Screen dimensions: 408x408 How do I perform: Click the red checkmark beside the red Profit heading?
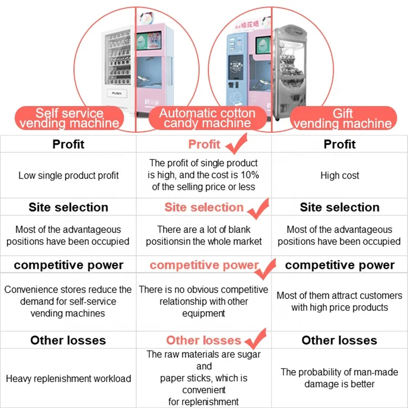coord(234,144)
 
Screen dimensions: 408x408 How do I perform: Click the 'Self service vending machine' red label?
coord(69,118)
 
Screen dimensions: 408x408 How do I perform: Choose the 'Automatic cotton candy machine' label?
coord(207,118)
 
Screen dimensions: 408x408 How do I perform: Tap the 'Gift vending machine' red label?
coord(342,118)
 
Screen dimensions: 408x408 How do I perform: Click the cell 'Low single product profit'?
coord(69,176)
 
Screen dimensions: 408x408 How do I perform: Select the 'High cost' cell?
coord(339,176)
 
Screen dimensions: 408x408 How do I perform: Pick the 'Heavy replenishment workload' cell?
coord(69,379)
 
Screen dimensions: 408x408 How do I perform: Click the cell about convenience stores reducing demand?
coord(69,301)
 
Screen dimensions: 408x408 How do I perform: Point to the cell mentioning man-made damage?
coord(339,378)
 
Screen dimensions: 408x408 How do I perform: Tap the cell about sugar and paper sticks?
coord(203,378)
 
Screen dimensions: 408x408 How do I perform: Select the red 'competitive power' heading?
coord(204,265)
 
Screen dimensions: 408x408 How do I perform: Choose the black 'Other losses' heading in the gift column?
coord(339,341)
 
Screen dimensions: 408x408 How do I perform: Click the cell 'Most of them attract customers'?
coord(339,301)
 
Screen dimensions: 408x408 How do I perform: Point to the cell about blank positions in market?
coord(203,236)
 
